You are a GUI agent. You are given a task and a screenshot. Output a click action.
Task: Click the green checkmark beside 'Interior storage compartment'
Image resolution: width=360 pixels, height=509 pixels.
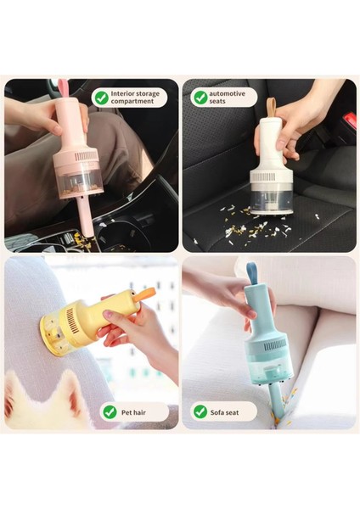[101, 98]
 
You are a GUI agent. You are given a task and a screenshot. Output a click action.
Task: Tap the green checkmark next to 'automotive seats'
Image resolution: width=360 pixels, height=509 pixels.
[200, 98]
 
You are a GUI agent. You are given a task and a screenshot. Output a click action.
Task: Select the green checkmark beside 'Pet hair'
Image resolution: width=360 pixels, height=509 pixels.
[110, 411]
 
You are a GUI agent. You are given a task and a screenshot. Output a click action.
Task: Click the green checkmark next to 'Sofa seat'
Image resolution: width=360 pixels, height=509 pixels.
[200, 411]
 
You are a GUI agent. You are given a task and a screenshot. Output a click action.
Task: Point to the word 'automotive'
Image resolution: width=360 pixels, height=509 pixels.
[228, 93]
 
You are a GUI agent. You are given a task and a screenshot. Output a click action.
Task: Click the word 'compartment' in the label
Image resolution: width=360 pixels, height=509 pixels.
[133, 102]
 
